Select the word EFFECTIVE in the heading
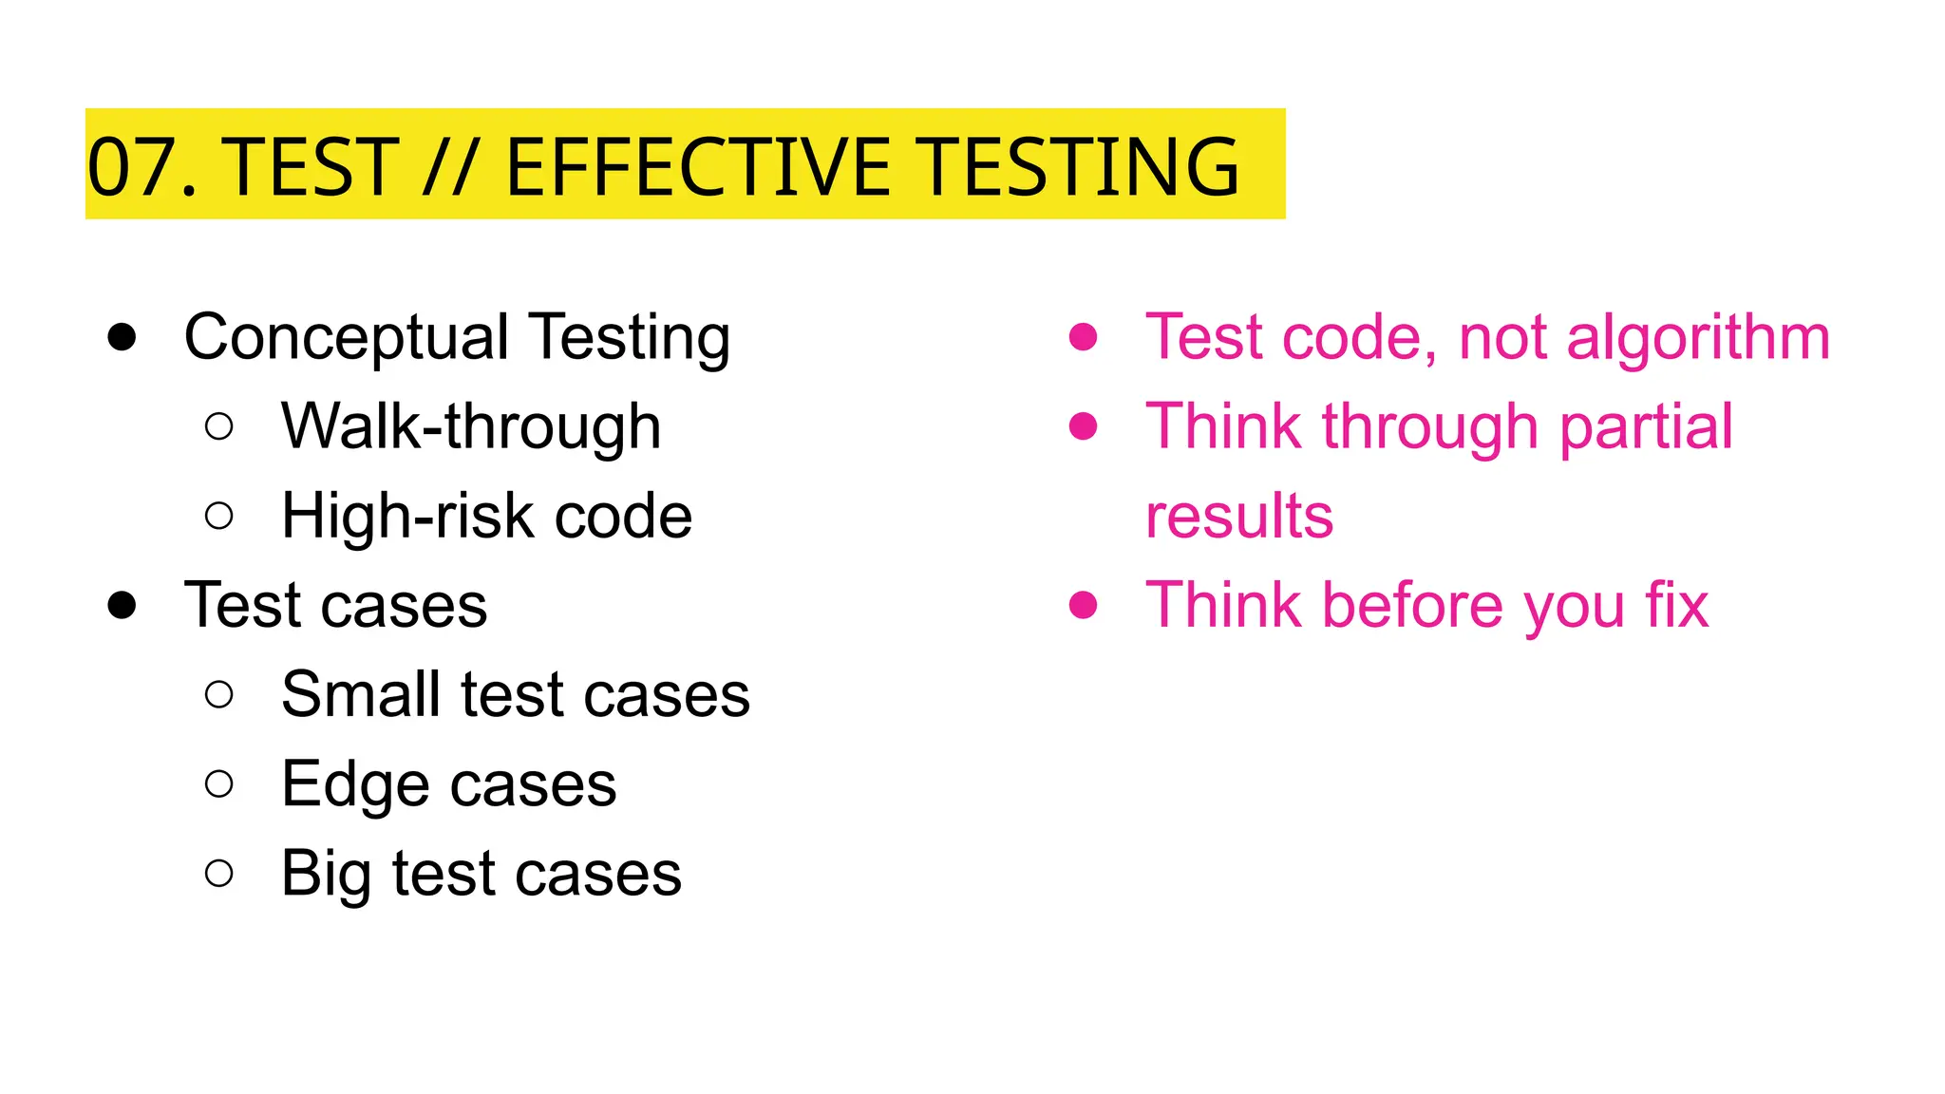point(697,168)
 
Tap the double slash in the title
point(448,168)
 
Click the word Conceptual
point(347,338)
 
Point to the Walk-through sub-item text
point(471,426)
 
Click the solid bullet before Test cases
point(122,605)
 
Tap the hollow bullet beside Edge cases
point(218,783)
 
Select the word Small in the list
point(361,694)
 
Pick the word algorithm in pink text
point(1697,338)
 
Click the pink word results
point(1239,516)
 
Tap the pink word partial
point(1646,426)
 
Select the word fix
point(1676,605)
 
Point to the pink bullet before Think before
point(1083,605)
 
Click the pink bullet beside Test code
point(1083,337)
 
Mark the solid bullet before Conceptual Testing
point(122,337)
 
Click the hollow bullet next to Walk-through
point(218,426)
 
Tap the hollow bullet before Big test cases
point(218,873)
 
